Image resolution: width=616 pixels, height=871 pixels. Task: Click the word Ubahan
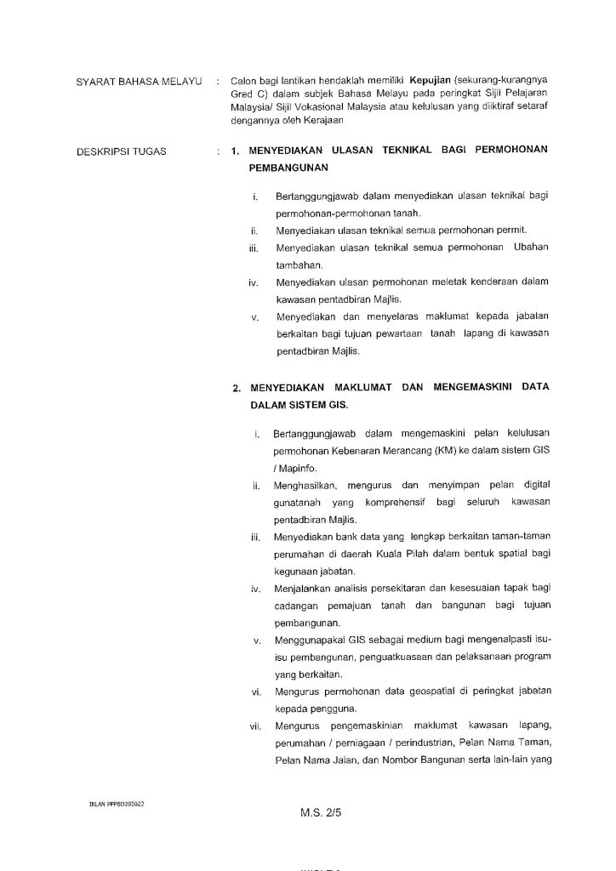(x=530, y=248)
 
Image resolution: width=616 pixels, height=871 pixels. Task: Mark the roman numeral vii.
(x=254, y=728)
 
